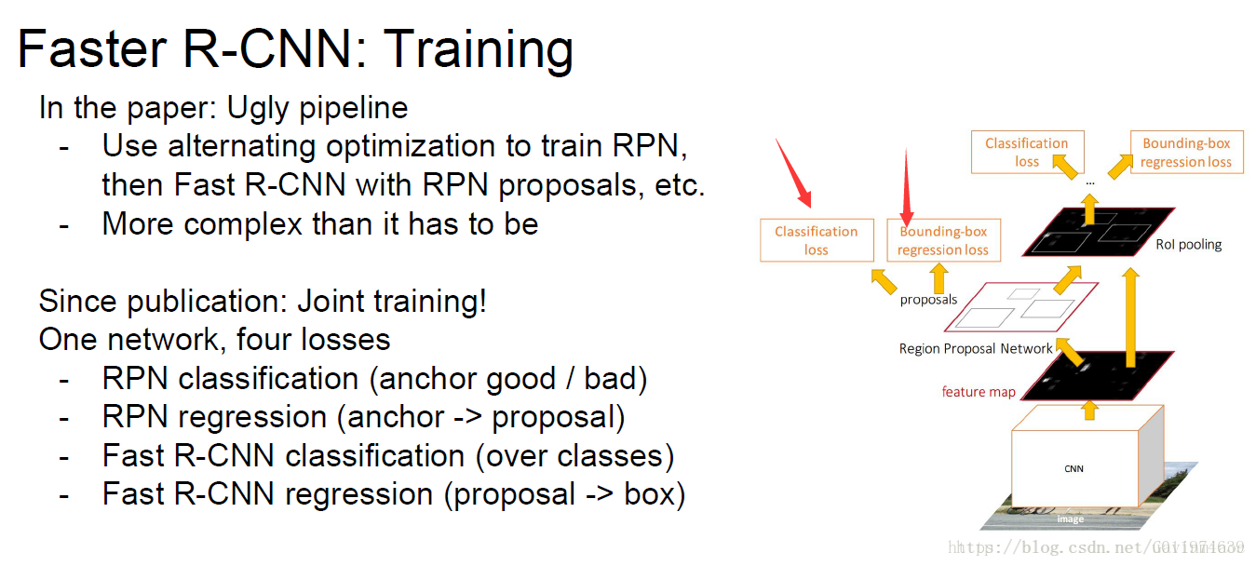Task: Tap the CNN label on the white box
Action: [1074, 468]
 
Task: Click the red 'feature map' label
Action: [979, 392]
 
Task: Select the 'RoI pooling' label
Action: [1189, 244]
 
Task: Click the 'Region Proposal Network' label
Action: [976, 348]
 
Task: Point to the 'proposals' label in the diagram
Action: [928, 300]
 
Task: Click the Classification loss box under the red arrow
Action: [817, 240]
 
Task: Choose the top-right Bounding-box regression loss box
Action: [1186, 153]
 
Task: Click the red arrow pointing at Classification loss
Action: [793, 172]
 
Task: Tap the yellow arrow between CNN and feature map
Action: [1089, 411]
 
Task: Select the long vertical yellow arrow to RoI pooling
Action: [1131, 317]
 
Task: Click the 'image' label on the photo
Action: [1071, 519]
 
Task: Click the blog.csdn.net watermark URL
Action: [1096, 547]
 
